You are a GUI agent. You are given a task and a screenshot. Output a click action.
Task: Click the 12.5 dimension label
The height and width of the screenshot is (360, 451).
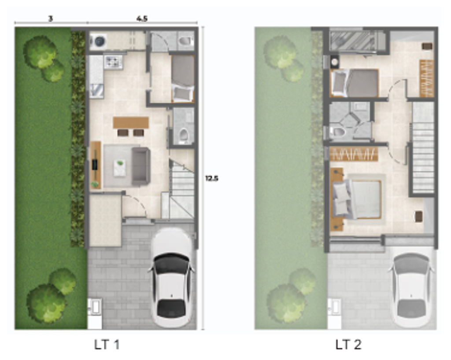(x=212, y=178)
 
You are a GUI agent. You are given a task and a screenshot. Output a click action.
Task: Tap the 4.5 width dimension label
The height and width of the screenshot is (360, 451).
(x=142, y=18)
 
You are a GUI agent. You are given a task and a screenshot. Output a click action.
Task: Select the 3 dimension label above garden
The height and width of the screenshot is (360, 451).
(x=50, y=18)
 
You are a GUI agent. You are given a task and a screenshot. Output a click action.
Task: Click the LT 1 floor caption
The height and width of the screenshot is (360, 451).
(x=107, y=345)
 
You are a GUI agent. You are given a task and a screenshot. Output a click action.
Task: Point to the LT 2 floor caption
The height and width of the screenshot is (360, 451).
(x=348, y=345)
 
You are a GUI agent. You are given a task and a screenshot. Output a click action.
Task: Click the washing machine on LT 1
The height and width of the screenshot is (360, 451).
(x=98, y=41)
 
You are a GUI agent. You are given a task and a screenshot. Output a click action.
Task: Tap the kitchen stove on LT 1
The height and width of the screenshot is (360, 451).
(x=113, y=62)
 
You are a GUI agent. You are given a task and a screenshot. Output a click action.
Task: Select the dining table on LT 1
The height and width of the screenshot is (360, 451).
(x=131, y=122)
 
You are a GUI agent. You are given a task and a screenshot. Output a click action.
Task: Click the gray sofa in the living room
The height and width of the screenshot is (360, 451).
(x=140, y=166)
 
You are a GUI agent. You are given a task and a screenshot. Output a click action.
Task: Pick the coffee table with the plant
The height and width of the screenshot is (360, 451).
(x=120, y=168)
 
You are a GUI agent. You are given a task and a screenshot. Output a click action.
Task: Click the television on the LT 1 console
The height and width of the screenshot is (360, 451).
(x=95, y=165)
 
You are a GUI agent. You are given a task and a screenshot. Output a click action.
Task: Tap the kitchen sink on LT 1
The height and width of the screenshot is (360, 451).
(x=96, y=91)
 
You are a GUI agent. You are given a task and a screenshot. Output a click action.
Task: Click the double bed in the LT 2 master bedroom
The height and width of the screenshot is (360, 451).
(x=357, y=199)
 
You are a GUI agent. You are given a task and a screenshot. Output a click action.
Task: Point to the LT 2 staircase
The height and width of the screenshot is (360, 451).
(x=423, y=148)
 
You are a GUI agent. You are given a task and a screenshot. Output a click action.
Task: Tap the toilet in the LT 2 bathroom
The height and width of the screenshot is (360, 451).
(x=337, y=132)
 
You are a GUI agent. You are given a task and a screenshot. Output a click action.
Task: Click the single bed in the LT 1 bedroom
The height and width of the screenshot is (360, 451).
(x=183, y=79)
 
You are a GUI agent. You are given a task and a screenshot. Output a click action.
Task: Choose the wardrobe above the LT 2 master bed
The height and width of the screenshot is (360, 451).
(x=354, y=154)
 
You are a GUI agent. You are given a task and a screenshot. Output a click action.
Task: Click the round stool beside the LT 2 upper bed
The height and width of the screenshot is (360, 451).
(x=334, y=62)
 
